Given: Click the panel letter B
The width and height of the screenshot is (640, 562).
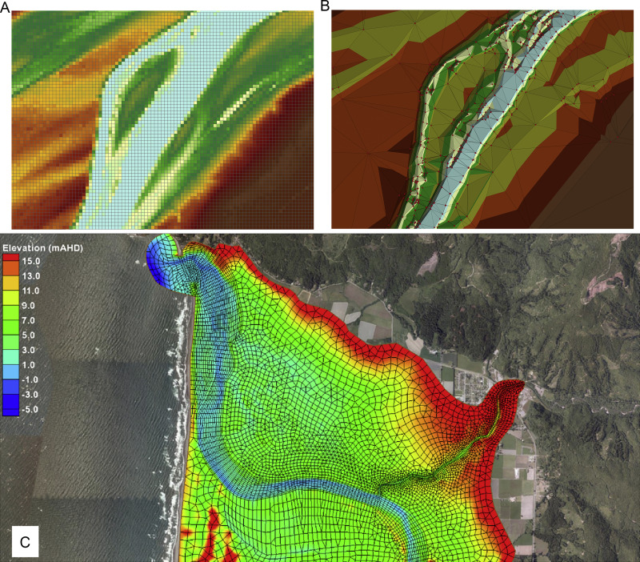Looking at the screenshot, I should [x=325, y=6].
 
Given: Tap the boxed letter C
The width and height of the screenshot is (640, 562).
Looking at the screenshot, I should [x=25, y=542].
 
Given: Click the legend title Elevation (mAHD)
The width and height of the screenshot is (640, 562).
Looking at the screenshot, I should [x=42, y=248].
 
